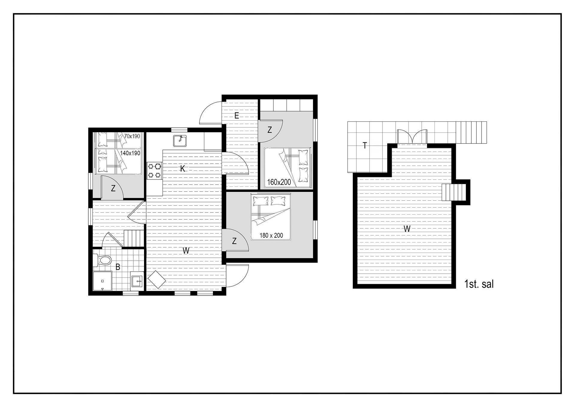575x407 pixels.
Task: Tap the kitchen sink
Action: [x=180, y=141]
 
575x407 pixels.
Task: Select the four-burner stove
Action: [x=154, y=171]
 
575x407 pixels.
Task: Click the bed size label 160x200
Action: [x=279, y=182]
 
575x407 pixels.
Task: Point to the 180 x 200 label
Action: [x=271, y=235]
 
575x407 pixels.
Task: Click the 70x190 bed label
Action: [x=132, y=136]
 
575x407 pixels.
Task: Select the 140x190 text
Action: [x=130, y=153]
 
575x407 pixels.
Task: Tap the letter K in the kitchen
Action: [x=182, y=169]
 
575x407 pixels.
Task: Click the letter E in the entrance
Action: [x=237, y=116]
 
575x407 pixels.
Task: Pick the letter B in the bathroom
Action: [x=118, y=267]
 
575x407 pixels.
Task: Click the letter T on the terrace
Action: [x=365, y=146]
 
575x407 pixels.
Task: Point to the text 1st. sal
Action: [x=479, y=284]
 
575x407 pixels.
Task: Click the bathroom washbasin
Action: [x=137, y=281]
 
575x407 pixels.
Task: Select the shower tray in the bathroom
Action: [x=102, y=281]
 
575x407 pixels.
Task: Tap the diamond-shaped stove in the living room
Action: [x=157, y=280]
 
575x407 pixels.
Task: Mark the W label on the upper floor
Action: [x=407, y=229]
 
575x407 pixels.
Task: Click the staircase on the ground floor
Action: [x=134, y=238]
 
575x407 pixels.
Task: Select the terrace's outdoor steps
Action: [x=471, y=132]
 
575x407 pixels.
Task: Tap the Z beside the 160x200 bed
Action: [x=270, y=130]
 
